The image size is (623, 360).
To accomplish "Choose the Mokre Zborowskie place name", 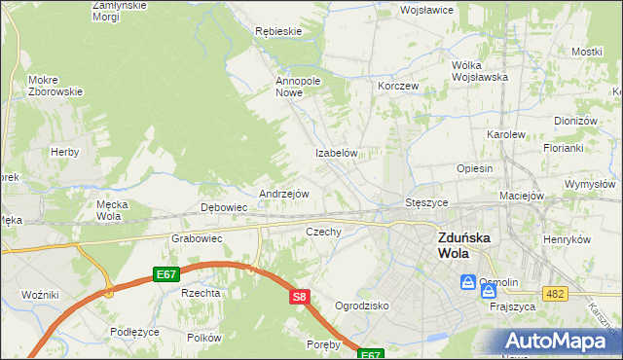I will [55, 85].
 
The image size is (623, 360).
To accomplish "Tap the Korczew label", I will [398, 86].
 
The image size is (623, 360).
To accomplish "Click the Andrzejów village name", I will [283, 194].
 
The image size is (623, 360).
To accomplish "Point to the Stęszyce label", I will [425, 202].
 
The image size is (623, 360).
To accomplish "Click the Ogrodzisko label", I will [362, 305].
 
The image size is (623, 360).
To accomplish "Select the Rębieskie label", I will [278, 31].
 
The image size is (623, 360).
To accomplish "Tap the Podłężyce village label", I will [134, 332].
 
